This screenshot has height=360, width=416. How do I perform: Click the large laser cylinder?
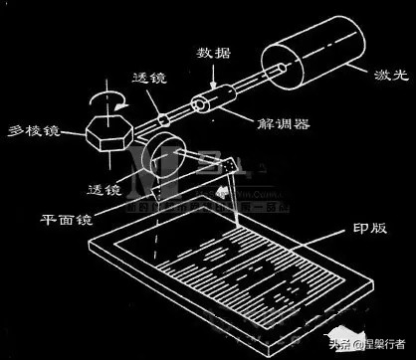point(312,58)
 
